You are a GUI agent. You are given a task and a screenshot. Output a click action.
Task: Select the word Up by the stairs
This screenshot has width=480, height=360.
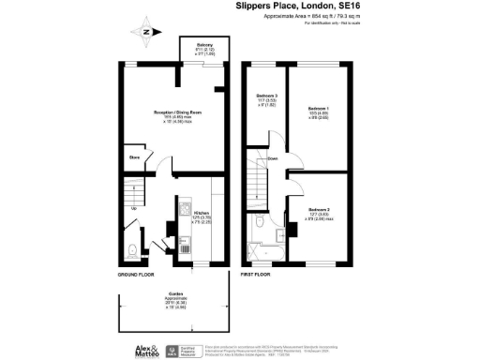tap(134, 208)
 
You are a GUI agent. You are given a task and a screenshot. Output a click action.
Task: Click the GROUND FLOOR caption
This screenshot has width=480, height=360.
tap(136, 276)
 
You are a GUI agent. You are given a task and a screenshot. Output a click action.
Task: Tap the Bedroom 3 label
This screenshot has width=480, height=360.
tap(266, 97)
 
